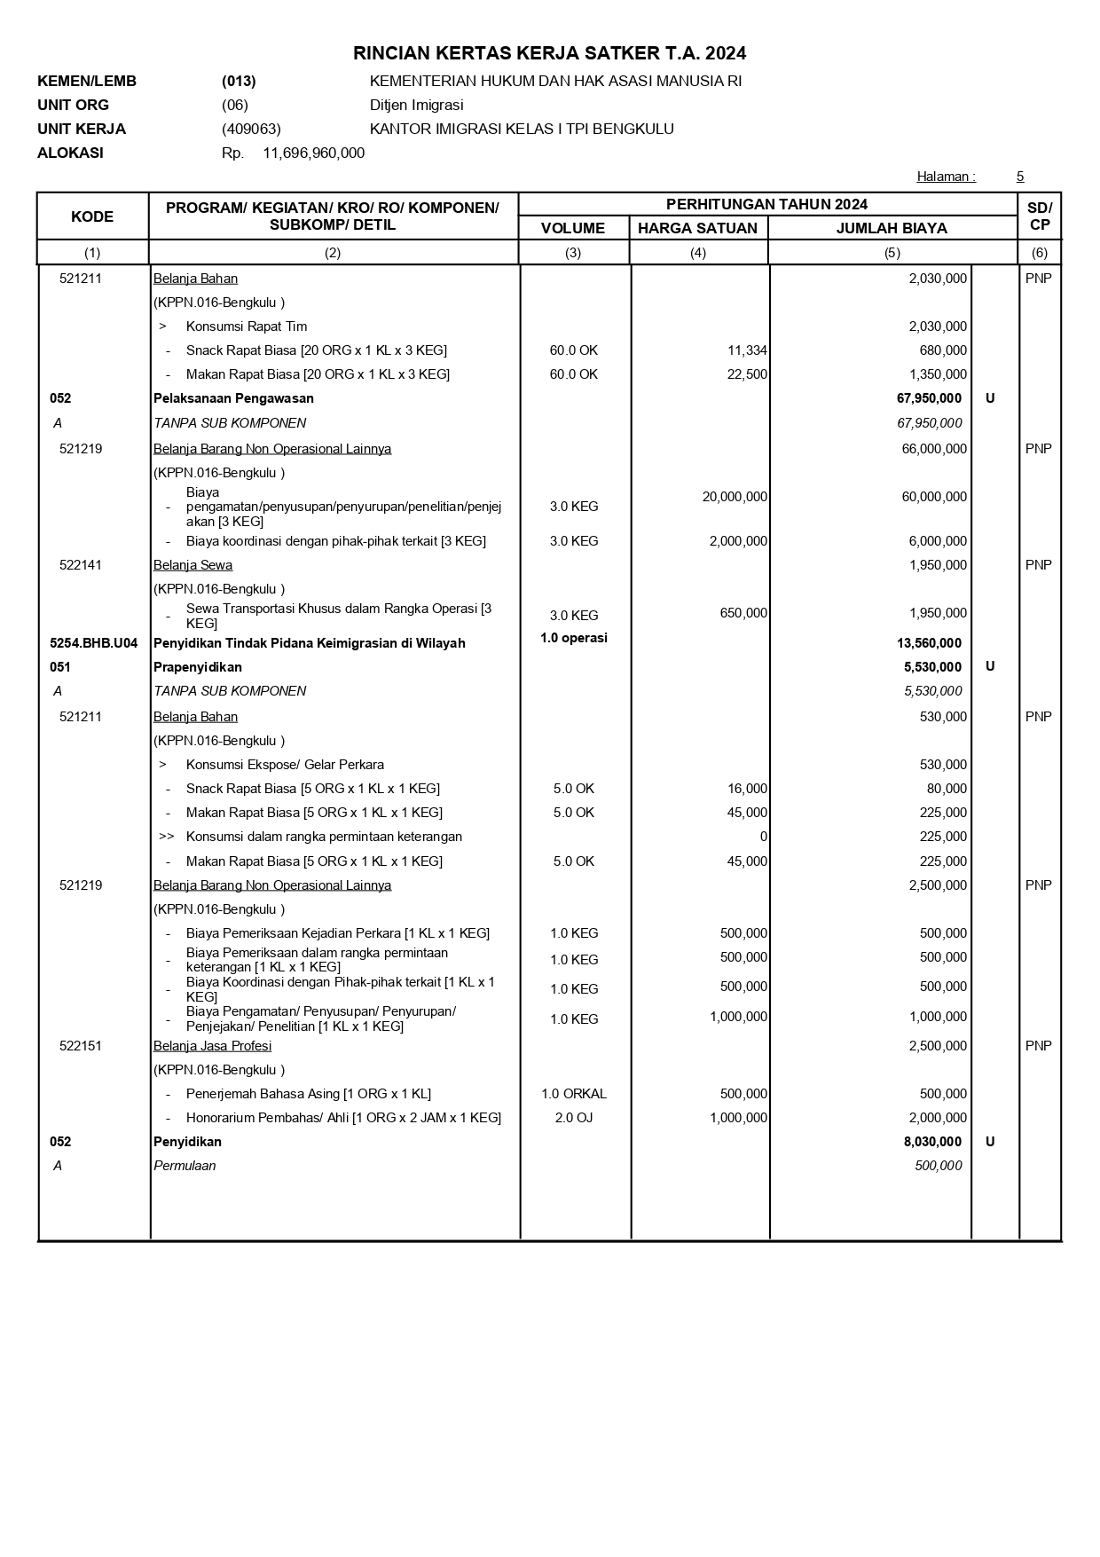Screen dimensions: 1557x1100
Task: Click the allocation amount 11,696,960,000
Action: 313,153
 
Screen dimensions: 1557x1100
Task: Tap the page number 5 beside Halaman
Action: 1020,177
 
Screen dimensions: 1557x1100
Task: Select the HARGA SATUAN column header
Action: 697,228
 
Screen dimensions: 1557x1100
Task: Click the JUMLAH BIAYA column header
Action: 891,228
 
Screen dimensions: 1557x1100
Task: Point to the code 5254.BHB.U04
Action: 93,643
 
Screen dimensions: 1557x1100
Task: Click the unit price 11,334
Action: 747,350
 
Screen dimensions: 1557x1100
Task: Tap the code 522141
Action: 81,565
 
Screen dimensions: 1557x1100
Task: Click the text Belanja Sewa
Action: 192,565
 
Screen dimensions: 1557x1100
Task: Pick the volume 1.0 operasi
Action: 573,638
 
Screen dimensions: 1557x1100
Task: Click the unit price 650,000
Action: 743,613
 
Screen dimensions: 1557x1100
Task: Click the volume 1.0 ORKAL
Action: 574,1094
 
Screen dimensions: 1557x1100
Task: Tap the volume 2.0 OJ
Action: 574,1118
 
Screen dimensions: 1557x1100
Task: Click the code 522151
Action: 81,1046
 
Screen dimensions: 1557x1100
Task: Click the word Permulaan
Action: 185,1166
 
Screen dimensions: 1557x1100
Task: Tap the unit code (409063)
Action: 251,129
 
